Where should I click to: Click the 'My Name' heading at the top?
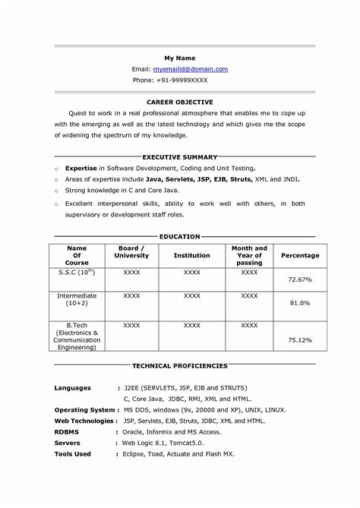pos(180,58)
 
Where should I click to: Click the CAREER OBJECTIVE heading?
pos(180,101)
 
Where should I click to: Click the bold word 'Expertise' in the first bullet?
pos(81,167)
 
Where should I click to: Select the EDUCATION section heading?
pos(180,237)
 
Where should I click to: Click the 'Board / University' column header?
pos(131,252)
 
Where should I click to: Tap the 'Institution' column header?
pos(191,256)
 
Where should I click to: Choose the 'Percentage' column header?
pos(300,256)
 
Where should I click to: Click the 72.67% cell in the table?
pos(300,279)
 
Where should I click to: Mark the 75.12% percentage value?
pos(300,340)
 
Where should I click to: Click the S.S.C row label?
pos(76,271)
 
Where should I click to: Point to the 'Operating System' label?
pos(84,409)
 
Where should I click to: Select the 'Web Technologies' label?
pos(85,420)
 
